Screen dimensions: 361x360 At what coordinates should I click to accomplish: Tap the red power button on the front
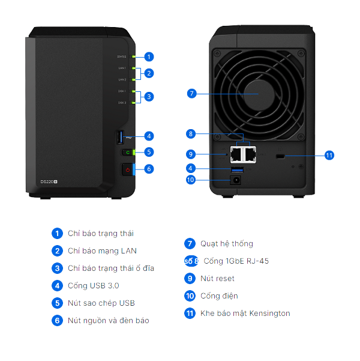coord(127,170)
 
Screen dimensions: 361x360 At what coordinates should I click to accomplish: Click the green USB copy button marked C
coord(127,153)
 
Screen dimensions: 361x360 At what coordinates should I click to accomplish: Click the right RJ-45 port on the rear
coord(251,154)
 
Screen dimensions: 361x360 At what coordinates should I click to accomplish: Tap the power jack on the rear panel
coord(237,179)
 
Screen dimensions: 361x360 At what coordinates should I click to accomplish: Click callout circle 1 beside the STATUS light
coord(149,56)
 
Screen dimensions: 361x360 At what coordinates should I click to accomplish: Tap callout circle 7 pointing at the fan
coord(191,94)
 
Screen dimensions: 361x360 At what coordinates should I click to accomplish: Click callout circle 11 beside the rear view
coord(329,155)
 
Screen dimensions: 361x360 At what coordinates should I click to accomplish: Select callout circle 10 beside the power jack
coord(191,179)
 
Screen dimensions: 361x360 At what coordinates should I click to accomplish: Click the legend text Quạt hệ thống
coord(226,244)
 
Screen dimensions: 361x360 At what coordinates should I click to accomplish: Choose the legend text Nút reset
coord(217,279)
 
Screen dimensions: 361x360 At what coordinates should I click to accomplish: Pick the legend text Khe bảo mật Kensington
coord(245,314)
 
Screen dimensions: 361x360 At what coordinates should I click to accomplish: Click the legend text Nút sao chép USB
coord(101,303)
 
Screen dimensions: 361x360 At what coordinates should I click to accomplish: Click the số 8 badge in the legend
coord(191,261)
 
